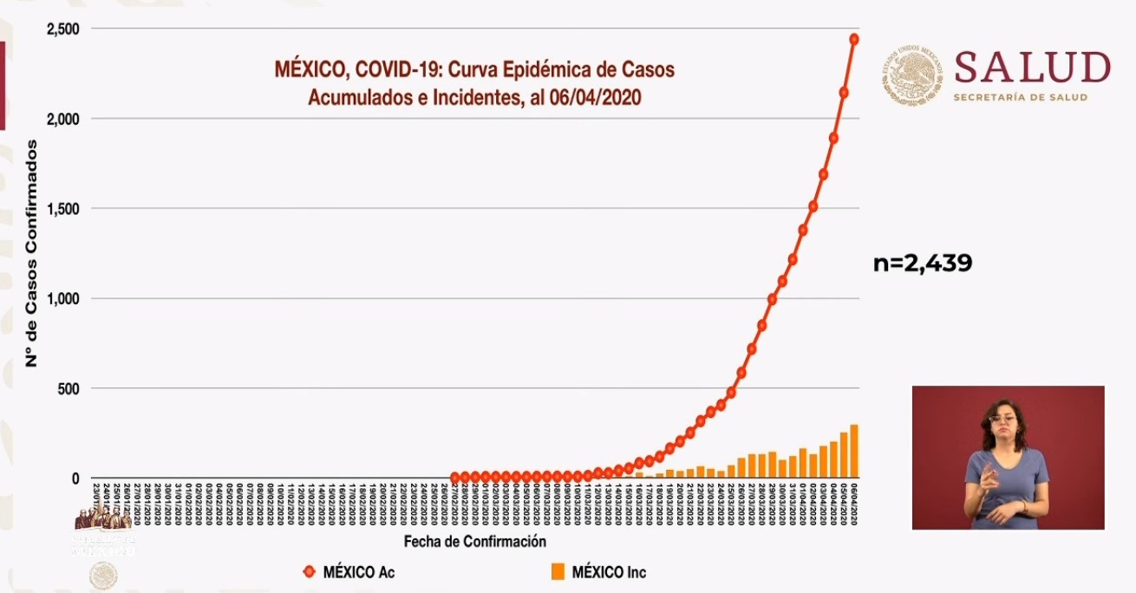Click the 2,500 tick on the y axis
tap(62, 29)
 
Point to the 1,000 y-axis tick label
tap(62, 298)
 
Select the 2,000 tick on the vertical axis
tap(62, 119)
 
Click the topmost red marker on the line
tap(854, 39)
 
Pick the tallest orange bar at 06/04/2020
tap(854, 451)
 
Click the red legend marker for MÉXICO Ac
tap(309, 572)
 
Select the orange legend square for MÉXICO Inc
tap(558, 571)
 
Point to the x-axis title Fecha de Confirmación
tap(475, 542)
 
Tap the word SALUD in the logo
tap(1032, 68)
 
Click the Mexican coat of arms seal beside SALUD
tap(912, 76)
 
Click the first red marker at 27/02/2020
tap(455, 477)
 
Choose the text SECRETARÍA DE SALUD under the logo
tap(1020, 98)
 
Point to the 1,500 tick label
tap(62, 208)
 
